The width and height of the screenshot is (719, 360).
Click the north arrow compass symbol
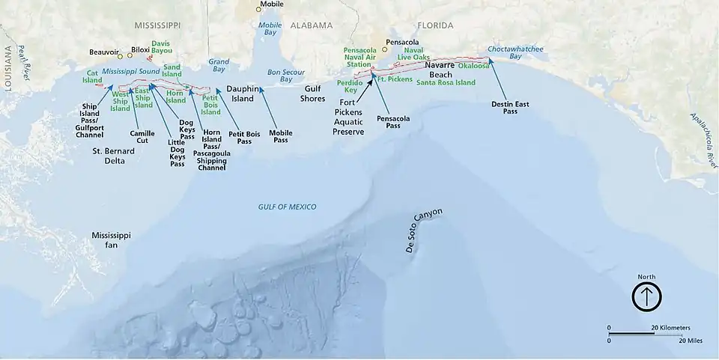point(646,297)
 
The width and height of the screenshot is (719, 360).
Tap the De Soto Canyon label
point(424,231)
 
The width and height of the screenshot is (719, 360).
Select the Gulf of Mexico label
point(287,207)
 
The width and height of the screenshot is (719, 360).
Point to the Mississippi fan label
point(111,240)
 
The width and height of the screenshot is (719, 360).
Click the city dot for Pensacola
point(385,50)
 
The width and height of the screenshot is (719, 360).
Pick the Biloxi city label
point(140,50)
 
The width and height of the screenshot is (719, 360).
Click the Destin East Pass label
point(510,107)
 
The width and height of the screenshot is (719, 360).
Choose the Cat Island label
point(92,76)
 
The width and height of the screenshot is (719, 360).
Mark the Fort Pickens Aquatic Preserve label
point(348,117)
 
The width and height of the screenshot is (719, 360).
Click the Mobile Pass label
point(281,136)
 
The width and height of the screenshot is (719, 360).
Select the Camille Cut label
point(142,136)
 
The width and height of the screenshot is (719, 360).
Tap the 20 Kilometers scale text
point(670,328)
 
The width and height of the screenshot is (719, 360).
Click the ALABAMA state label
point(310,25)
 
